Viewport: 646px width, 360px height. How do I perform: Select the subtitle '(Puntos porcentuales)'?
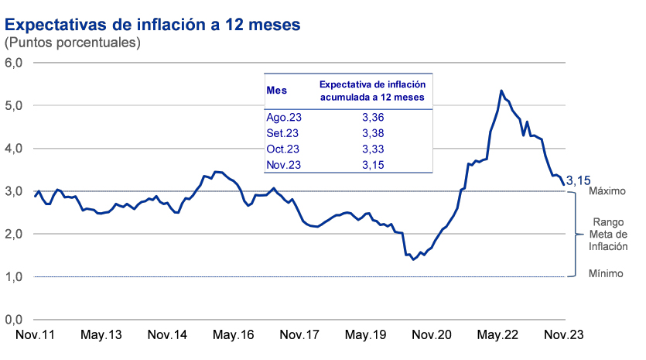(x=73, y=43)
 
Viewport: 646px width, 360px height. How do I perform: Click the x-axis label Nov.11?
(x=36, y=336)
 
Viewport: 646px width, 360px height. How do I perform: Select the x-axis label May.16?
(x=234, y=336)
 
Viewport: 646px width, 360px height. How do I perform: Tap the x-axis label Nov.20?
(x=432, y=336)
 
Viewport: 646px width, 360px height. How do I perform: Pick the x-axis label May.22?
(x=497, y=336)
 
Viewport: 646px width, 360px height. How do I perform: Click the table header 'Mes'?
(x=276, y=91)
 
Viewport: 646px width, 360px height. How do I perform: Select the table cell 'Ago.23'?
(x=284, y=118)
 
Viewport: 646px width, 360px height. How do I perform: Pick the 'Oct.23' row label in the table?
(x=283, y=149)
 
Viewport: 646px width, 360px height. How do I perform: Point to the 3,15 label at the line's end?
(x=580, y=181)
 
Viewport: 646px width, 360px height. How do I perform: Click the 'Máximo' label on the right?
(x=607, y=190)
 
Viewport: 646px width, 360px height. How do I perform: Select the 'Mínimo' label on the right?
(x=606, y=273)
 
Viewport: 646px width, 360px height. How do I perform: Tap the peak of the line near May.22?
(x=502, y=91)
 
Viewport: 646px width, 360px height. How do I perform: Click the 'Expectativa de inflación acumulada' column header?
(x=375, y=91)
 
